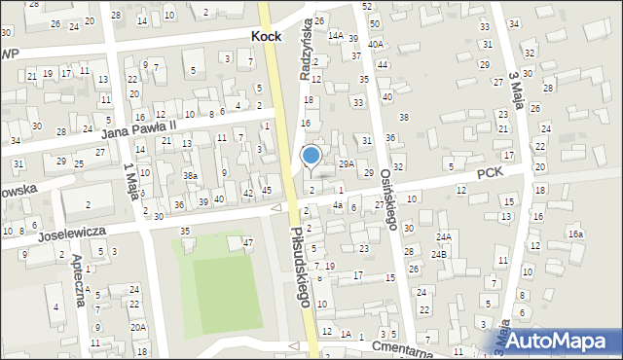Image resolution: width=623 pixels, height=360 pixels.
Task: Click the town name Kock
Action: tap(266, 35)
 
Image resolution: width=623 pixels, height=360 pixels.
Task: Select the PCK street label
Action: tap(490, 172)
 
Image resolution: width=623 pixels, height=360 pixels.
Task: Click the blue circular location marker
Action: tap(311, 155)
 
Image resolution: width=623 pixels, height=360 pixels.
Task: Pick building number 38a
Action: tap(191, 175)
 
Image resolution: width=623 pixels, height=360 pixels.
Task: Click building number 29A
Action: tap(345, 164)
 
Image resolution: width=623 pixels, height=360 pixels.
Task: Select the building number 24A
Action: tap(444, 236)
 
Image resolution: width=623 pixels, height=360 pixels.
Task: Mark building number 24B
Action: tap(440, 254)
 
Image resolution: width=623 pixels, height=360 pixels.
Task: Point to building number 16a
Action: tap(576, 234)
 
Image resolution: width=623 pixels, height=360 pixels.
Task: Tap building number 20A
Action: tap(138, 327)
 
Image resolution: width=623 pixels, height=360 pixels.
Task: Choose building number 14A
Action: tap(336, 35)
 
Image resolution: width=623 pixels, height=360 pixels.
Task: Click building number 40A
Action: tap(376, 45)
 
